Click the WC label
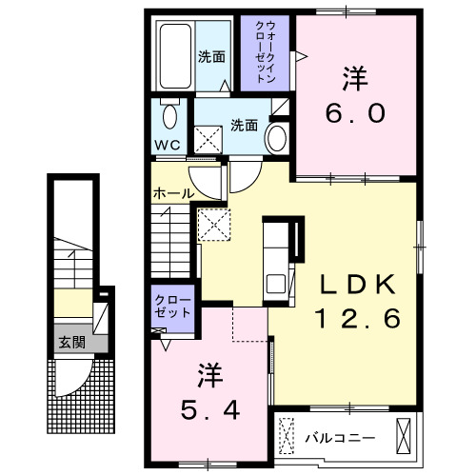(x=168, y=145)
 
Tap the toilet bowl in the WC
(x=169, y=116)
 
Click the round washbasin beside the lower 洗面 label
(x=277, y=137)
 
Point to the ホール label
(x=172, y=194)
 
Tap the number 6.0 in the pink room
(x=356, y=112)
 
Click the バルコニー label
(x=340, y=437)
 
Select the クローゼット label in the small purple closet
(x=172, y=306)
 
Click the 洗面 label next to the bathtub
(x=211, y=56)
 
